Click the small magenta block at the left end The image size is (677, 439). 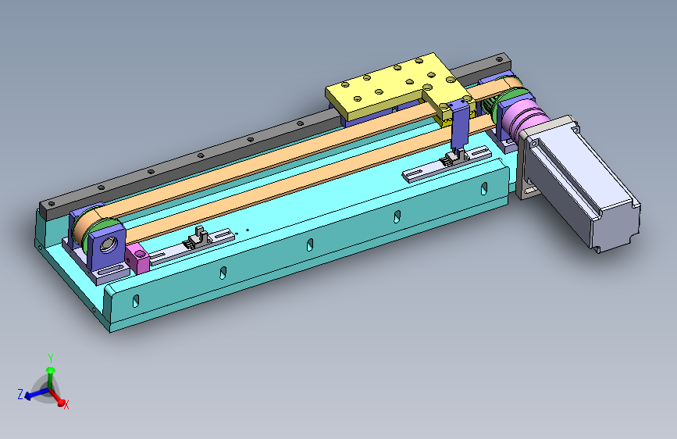137,258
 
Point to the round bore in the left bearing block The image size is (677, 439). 108,245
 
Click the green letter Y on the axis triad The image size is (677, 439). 51,359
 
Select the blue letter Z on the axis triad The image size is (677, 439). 20,394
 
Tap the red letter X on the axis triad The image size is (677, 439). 66,405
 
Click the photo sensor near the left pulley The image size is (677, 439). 198,238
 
